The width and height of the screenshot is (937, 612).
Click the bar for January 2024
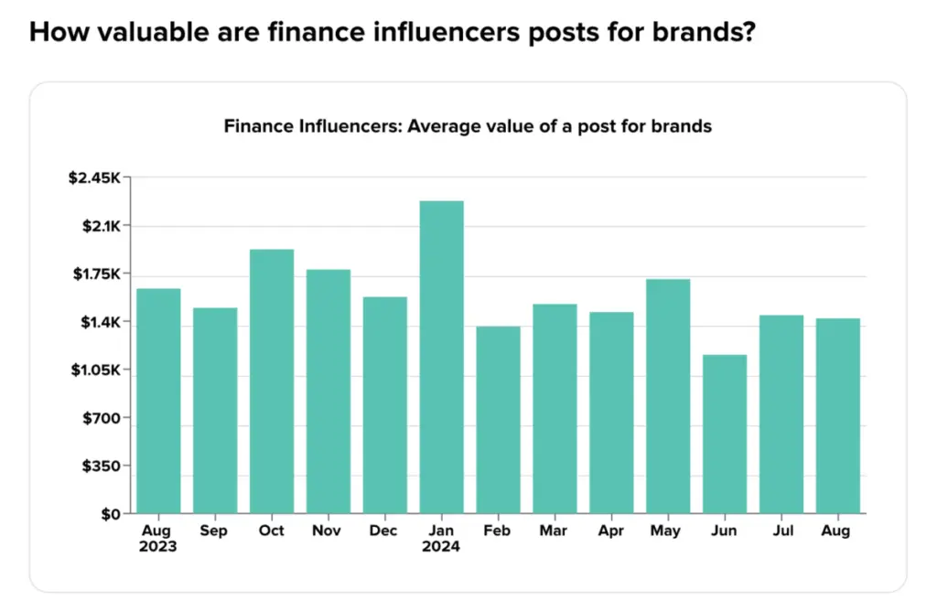coord(441,357)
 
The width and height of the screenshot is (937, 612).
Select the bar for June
coord(725,434)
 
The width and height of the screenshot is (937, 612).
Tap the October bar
coord(272,381)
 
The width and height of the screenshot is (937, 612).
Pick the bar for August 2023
coord(158,401)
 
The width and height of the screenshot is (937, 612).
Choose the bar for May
coord(668,395)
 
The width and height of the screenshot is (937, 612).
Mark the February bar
coord(498,419)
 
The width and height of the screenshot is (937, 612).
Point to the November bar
coord(328,391)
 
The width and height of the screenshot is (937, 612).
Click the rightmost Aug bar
coord(837,415)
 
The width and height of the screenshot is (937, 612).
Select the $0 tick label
coord(111,514)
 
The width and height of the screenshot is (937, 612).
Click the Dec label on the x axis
coord(384,531)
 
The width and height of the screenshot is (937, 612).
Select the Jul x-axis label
coord(781,531)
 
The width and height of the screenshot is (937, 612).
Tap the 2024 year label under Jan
coord(441,547)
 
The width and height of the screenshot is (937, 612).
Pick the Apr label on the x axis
coord(611,531)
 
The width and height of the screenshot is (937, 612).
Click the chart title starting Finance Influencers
coord(468,126)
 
